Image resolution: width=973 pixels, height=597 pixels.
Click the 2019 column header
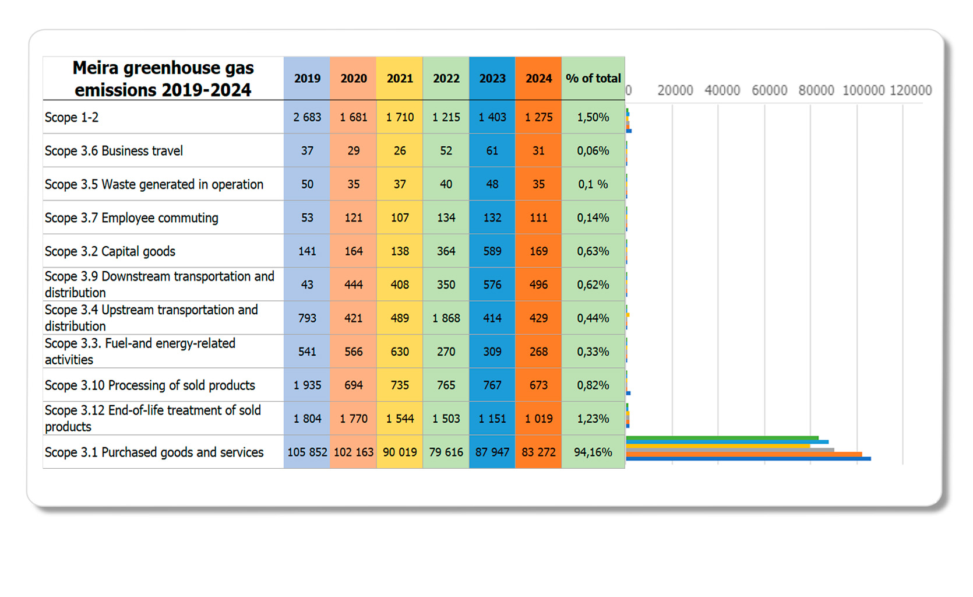coord(307,78)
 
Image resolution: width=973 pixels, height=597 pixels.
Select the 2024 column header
coord(538,78)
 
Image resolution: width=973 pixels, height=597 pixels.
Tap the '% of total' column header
coord(593,78)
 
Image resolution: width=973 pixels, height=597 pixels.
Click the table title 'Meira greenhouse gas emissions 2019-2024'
coord(163,79)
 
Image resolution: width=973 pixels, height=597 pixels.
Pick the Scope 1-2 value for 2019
coord(307,117)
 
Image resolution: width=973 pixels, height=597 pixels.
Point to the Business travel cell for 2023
coord(492,151)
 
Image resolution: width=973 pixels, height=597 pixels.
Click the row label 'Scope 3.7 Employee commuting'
coord(132,218)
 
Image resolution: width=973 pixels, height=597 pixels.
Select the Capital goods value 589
coord(492,251)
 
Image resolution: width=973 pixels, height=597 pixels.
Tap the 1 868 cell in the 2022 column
coord(446,318)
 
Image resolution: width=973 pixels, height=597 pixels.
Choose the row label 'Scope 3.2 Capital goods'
coord(110,251)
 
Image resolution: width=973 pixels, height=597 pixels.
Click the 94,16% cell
coord(593,452)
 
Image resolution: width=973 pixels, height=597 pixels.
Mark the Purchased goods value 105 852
coord(307,452)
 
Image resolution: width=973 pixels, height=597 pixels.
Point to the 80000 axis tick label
coord(816,90)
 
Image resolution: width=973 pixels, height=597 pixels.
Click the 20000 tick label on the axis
coord(675,90)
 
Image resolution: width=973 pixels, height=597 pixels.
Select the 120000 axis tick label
coord(911,90)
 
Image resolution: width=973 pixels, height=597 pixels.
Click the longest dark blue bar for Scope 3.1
coord(749,459)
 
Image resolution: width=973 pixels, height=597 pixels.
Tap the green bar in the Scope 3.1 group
coord(722,438)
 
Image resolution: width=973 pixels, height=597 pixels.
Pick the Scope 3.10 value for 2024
coord(538,385)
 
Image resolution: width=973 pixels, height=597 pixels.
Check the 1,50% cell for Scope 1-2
coord(593,117)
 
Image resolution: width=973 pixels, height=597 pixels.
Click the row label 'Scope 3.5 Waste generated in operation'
coord(154,184)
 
